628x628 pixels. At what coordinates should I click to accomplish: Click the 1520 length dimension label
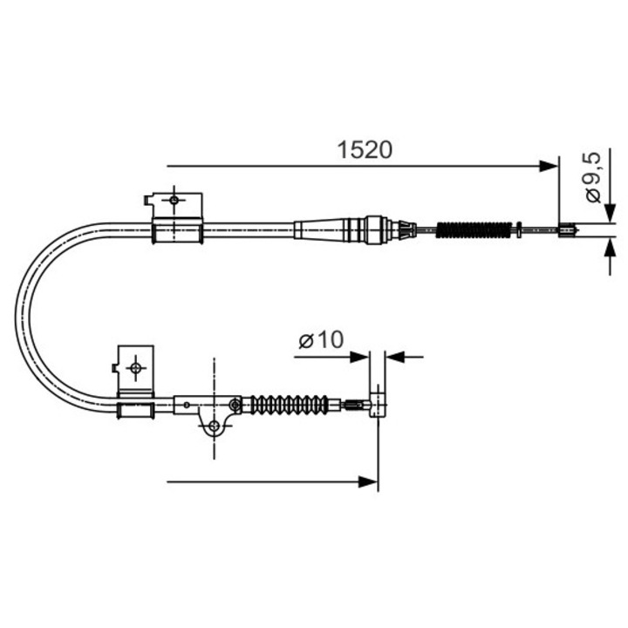click(365, 150)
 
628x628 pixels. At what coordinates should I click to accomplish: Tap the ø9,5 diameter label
click(593, 177)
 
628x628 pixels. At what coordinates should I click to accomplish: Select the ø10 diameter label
click(321, 340)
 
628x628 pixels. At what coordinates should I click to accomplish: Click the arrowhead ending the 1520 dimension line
click(549, 166)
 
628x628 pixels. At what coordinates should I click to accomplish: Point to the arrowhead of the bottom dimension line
click(368, 481)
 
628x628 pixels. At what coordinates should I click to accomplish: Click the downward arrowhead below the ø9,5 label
click(610, 213)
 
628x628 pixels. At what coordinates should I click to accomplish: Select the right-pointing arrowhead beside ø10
click(358, 357)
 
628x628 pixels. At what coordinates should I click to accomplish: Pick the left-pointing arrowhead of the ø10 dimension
click(395, 357)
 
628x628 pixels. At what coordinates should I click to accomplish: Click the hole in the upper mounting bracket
click(174, 200)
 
